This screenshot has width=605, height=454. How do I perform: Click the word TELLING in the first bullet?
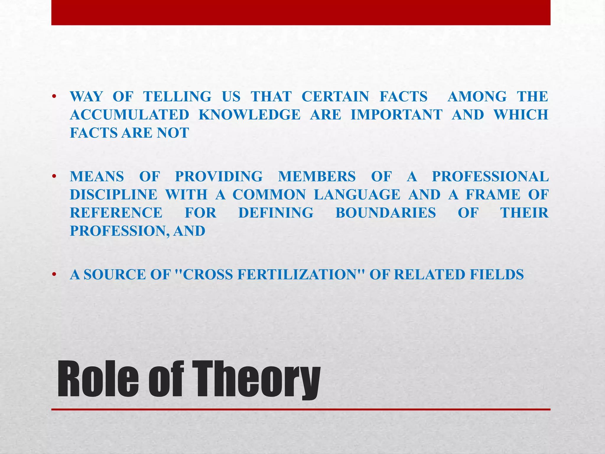click(x=177, y=97)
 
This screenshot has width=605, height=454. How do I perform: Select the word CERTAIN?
click(x=335, y=97)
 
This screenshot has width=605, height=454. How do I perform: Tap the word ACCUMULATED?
click(x=129, y=115)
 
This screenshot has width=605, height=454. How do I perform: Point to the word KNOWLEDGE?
click(x=250, y=115)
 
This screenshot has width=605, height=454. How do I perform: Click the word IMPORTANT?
click(x=396, y=115)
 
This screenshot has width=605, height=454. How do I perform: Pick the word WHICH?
click(x=521, y=115)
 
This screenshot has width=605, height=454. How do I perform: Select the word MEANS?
click(x=97, y=176)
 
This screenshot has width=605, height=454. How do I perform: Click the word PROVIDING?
click(x=219, y=176)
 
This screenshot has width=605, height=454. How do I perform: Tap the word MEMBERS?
click(x=317, y=176)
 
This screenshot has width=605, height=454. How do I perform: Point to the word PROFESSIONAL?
click(x=490, y=176)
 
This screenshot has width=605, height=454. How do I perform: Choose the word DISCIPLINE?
click(x=113, y=195)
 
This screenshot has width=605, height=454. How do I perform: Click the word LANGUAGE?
click(x=357, y=195)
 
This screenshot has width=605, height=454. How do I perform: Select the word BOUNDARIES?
click(x=386, y=213)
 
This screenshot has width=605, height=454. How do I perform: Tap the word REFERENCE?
click(x=116, y=213)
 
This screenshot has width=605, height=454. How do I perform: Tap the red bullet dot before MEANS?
click(x=54, y=177)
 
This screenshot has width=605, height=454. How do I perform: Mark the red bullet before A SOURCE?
click(x=54, y=275)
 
